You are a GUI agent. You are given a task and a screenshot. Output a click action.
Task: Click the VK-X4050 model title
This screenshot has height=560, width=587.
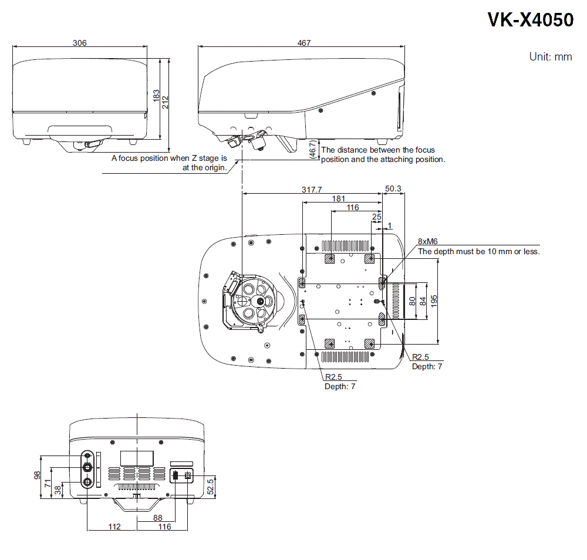tap(530, 20)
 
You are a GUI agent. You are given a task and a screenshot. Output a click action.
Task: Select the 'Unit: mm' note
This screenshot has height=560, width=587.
tap(550, 57)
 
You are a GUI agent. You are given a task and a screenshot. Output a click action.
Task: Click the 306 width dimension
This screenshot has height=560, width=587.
tap(80, 43)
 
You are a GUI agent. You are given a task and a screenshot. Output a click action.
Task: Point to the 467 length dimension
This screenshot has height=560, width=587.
tap(303, 43)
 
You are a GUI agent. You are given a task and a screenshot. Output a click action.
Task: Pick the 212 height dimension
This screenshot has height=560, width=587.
tap(166, 102)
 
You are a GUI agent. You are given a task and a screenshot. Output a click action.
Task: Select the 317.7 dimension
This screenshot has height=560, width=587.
tap(312, 190)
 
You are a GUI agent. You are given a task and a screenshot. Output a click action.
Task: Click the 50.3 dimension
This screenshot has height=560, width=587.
tap(393, 189)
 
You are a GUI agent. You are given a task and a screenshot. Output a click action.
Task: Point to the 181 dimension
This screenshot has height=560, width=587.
tap(338, 198)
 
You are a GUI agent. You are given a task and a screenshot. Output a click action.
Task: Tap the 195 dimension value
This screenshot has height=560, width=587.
tap(434, 301)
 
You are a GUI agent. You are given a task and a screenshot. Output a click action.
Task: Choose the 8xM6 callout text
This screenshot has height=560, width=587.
tap(428, 241)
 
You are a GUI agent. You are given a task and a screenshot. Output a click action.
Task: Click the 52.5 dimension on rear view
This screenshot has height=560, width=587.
tap(210, 485)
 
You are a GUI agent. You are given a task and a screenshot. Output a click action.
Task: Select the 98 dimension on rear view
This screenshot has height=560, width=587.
tap(38, 475)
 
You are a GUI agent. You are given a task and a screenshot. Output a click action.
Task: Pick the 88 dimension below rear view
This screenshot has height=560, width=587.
tap(157, 518)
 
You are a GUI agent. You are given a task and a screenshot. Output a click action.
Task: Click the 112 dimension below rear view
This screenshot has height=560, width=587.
tap(114, 527)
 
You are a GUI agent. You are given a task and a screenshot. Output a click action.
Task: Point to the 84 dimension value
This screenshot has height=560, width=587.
tap(423, 301)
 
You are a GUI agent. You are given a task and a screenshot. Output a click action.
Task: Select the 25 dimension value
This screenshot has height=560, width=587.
tap(376, 217)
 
